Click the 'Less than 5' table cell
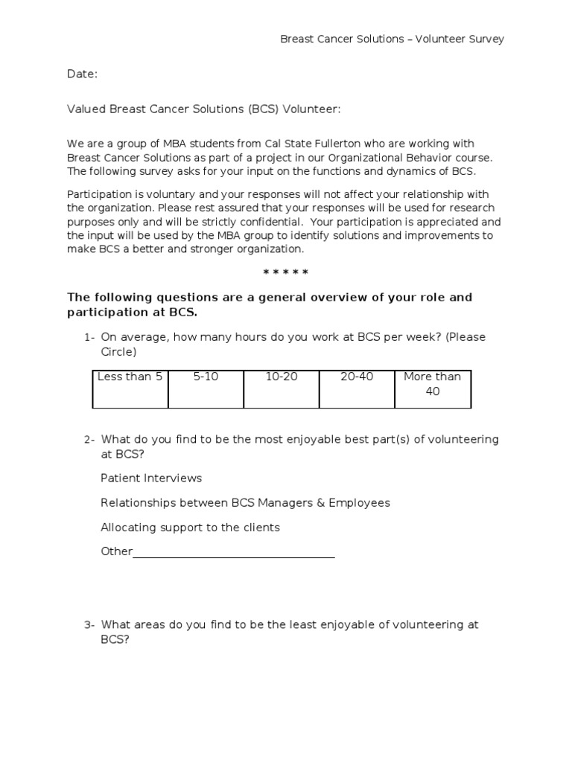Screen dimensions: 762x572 point(130,388)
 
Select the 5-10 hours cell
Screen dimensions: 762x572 point(206,388)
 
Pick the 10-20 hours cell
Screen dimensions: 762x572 point(282,388)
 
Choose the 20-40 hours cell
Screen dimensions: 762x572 point(357,388)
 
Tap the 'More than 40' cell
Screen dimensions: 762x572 point(433,388)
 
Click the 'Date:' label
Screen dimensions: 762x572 point(82,74)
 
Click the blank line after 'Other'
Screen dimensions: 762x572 point(234,552)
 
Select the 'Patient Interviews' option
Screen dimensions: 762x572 point(151,478)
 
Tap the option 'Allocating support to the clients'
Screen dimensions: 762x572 point(190,528)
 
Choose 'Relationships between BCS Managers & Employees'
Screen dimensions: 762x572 point(245,503)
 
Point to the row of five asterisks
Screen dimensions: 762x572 point(286,273)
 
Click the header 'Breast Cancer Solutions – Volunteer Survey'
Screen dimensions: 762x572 point(392,39)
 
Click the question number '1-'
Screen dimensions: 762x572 point(89,337)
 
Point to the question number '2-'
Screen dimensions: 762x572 point(89,440)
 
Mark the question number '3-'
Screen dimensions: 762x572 point(89,625)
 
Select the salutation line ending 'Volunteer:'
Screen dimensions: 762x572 point(203,109)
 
